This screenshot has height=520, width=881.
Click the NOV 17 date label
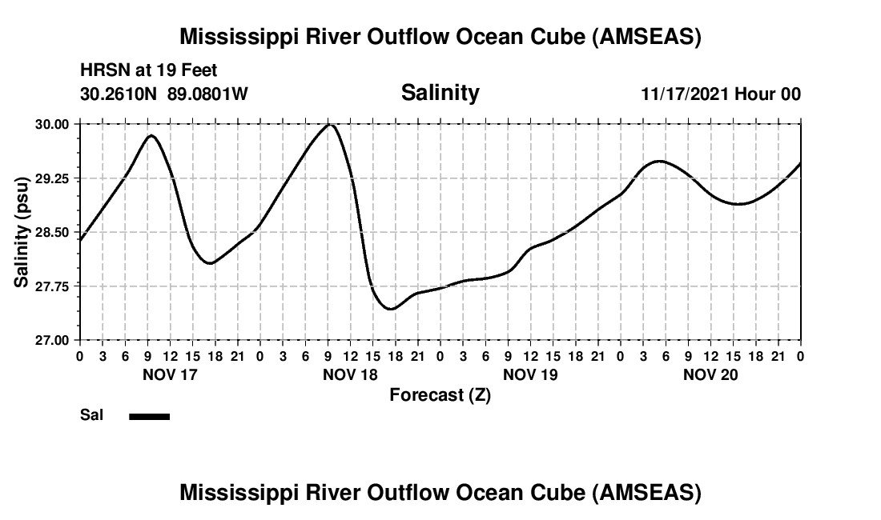tap(170, 374)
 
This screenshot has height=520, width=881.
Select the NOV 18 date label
tap(350, 374)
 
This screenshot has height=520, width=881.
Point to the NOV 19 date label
tap(530, 374)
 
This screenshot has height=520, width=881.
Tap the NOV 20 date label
tap(710, 374)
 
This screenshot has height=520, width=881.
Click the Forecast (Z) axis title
tap(440, 394)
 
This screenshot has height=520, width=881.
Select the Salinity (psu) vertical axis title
tap(22, 232)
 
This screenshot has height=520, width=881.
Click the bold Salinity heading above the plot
tap(440, 93)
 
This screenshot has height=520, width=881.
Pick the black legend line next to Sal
tap(149, 416)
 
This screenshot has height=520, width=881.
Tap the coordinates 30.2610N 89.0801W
tap(164, 94)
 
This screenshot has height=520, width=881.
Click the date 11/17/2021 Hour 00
tap(721, 94)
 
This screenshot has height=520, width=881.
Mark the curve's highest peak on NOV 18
tap(329, 125)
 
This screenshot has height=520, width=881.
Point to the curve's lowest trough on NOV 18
tap(390, 309)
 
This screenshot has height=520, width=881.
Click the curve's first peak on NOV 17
tap(151, 136)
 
